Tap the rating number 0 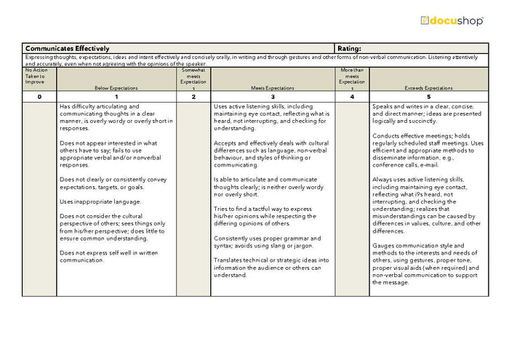pos(39,97)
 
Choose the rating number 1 pos(116,97)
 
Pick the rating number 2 pos(193,97)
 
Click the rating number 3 pos(273,97)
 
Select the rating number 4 pos(352,97)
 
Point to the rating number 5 pos(428,97)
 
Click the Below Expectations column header pos(116,87)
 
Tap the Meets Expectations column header pos(273,87)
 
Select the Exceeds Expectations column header pos(428,87)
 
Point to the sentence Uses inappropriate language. pos(100,201)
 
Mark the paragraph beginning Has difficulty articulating pos(116,116)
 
